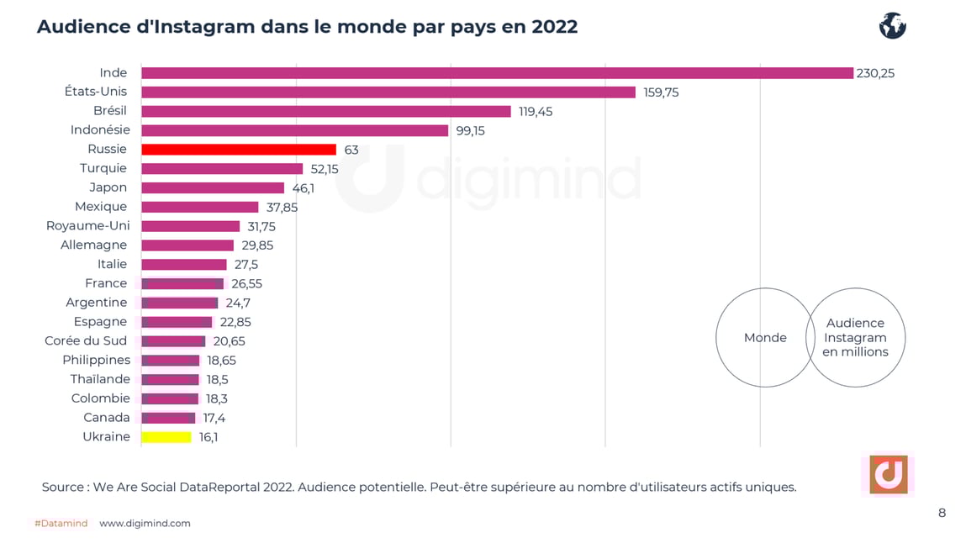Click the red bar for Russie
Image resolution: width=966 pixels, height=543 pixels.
[239, 150]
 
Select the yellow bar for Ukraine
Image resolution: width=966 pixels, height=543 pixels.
[166, 437]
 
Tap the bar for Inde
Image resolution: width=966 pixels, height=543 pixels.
[497, 73]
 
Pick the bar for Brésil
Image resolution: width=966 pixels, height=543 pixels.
[326, 112]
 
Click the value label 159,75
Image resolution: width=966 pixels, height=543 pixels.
[661, 92]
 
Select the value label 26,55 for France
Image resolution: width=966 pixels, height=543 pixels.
[246, 284]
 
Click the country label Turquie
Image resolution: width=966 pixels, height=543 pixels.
[103, 168]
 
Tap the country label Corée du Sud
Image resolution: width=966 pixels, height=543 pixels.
[86, 340]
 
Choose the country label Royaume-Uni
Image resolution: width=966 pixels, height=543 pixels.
[87, 225]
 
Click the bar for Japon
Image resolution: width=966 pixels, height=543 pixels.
[213, 188]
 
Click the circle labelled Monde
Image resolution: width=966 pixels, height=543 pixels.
[765, 338]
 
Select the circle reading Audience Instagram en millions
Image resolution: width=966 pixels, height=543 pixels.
[855, 338]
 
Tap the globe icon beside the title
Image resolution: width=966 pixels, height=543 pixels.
[892, 26]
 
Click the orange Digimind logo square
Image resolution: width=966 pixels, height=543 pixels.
[888, 475]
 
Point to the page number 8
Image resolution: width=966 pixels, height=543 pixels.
[942, 513]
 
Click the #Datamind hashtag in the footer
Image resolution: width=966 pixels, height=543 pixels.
[61, 524]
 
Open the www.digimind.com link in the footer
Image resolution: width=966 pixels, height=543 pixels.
[145, 524]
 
